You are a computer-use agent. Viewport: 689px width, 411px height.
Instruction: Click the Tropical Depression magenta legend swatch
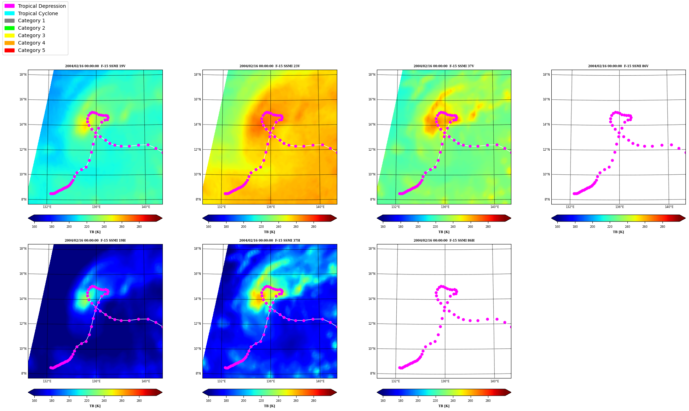point(10,6)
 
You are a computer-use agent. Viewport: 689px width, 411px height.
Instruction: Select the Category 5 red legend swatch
point(10,50)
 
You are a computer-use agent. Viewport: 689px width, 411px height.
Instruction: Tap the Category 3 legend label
point(31,35)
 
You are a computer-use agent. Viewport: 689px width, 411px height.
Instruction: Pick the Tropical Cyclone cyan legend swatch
point(10,13)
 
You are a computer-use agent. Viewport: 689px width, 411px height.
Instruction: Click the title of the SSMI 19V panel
point(95,66)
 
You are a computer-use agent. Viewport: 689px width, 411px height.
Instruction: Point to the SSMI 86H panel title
point(444,241)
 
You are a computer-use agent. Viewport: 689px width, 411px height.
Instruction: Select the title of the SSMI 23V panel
point(270,66)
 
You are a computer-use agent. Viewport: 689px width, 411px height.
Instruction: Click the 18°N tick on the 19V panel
point(23,75)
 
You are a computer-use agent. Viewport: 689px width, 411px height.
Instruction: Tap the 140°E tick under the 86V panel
point(669,207)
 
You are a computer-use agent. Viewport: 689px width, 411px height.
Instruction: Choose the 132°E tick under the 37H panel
point(221,381)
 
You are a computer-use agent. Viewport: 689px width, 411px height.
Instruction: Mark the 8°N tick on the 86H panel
point(373,374)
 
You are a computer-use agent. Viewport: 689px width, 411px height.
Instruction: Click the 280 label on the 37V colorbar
point(488,227)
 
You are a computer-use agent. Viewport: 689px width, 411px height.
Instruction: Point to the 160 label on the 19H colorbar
point(34,401)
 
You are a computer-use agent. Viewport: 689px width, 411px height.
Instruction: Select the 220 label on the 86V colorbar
point(610,227)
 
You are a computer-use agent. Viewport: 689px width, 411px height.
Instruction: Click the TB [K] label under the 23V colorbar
point(270,232)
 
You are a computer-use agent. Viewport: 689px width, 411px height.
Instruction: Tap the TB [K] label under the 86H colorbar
point(444,406)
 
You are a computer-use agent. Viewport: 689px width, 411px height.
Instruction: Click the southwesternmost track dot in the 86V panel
point(574,193)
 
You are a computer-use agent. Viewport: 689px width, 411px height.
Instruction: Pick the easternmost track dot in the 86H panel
point(510,327)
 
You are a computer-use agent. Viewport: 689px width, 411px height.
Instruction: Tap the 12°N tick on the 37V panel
point(373,150)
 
